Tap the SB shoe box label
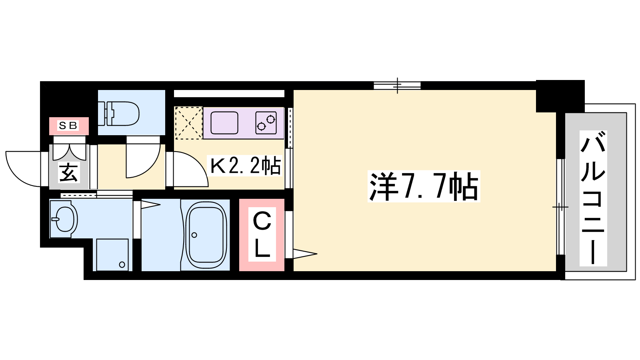(68, 126)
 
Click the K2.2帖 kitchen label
(246, 166)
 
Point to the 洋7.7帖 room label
(424, 186)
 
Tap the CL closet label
(262, 234)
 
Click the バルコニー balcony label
(593, 198)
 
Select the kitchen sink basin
(224, 123)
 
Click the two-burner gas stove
(266, 123)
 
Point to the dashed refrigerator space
(188, 123)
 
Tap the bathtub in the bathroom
(206, 235)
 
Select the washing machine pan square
(112, 254)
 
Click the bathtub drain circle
(194, 235)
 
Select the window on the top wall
(397, 86)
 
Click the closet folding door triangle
(304, 254)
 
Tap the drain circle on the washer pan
(122, 264)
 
